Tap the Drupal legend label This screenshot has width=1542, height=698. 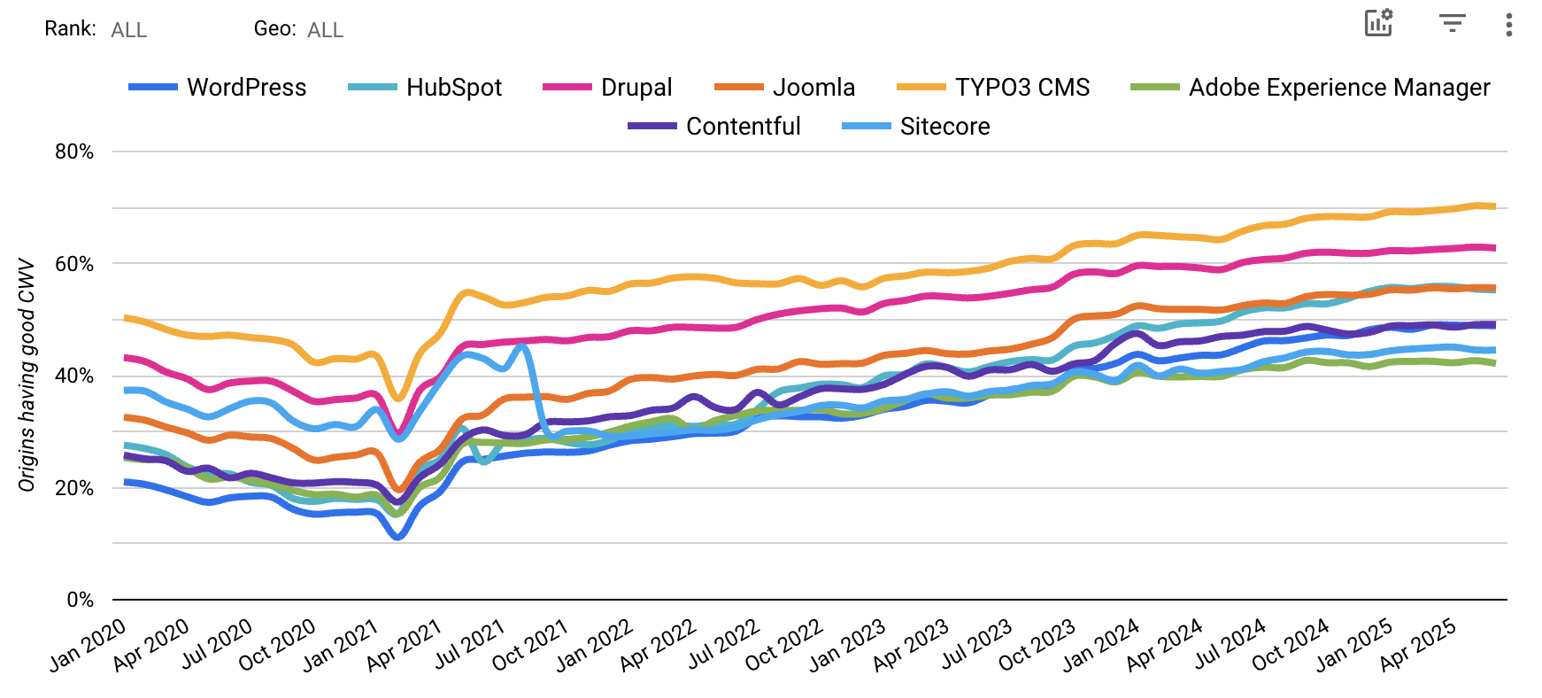(636, 88)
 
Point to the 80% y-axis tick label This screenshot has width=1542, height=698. (74, 151)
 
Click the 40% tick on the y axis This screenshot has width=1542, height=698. (74, 376)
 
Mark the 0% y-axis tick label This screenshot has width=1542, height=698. (80, 600)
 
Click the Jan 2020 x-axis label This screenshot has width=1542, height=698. (88, 646)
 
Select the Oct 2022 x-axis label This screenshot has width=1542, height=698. (784, 646)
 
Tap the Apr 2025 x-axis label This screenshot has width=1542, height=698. (1418, 646)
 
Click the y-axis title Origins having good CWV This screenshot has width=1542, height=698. (27, 375)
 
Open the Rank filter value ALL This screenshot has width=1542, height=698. (129, 30)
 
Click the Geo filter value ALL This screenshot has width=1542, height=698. (325, 30)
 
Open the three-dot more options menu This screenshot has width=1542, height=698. (1508, 24)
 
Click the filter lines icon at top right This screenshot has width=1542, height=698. (1452, 24)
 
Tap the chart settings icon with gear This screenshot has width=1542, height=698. (1378, 23)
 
